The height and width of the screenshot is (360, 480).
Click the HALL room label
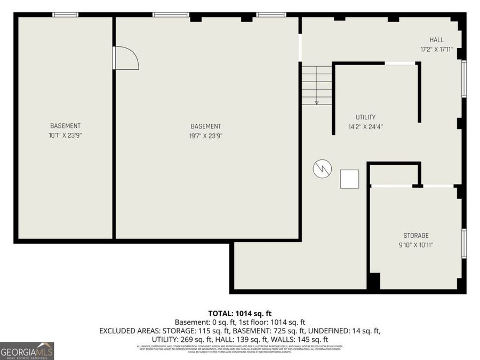click(x=437, y=40)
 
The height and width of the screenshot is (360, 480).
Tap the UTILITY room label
click(x=365, y=117)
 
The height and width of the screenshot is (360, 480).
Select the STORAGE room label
click(x=415, y=236)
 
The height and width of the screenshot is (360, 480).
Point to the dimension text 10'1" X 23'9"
click(x=65, y=135)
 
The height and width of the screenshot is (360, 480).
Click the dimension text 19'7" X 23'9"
click(x=206, y=136)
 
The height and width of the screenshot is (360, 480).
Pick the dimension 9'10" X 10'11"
click(x=415, y=245)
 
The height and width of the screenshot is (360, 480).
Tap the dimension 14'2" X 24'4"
click(x=365, y=127)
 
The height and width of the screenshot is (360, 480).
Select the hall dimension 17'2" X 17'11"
click(x=436, y=50)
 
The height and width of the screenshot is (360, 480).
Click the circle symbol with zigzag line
click(x=322, y=169)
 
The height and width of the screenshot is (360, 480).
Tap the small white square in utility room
click(x=350, y=179)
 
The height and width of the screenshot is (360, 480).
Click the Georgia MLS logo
click(x=27, y=351)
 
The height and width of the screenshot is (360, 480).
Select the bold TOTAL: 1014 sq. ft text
click(x=239, y=314)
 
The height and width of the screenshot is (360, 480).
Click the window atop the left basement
click(x=65, y=14)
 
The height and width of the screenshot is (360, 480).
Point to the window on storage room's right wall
click(x=464, y=243)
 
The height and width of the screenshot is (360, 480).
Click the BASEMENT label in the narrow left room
click(x=65, y=126)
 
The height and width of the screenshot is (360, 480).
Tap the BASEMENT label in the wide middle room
click(x=206, y=126)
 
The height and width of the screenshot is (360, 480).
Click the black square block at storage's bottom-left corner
click(x=374, y=281)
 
